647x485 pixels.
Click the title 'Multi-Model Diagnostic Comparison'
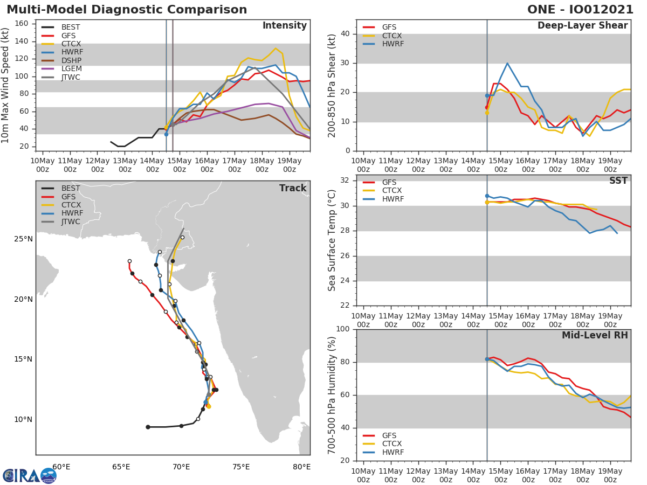[x=127, y=10]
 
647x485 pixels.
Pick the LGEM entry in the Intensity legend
[x=72, y=69]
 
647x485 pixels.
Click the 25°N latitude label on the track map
[x=23, y=239]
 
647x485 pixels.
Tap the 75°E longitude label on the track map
[x=241, y=467]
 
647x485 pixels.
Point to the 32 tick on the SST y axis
[x=345, y=181]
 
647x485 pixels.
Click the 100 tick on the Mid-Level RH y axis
[x=343, y=329]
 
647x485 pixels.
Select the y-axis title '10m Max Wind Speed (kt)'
[x=6, y=85]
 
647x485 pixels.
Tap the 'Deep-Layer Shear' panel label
[x=582, y=26]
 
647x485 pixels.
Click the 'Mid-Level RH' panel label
[x=595, y=335]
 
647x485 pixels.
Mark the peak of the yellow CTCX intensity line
[x=276, y=48]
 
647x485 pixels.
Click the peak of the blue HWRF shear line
[x=507, y=63]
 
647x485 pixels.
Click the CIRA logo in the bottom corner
[x=29, y=475]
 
